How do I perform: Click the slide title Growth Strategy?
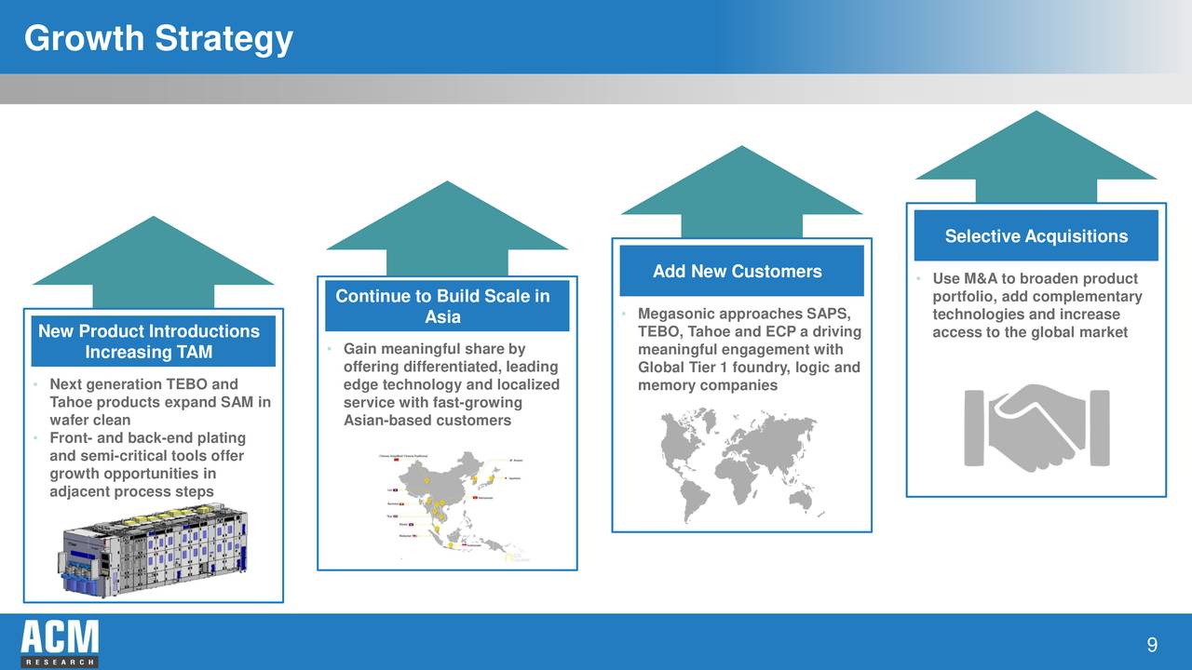coord(158,39)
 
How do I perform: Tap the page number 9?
coord(1152,646)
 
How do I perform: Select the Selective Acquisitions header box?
coord(1036,236)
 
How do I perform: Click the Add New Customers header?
coord(737,272)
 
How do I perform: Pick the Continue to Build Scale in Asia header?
coord(442,306)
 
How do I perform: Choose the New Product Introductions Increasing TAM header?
coord(149,342)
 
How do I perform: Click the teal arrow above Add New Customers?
coord(741,191)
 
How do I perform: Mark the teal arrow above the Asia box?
coord(447,226)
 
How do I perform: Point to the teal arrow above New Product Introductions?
coord(154,261)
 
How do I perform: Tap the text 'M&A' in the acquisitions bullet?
coord(979,279)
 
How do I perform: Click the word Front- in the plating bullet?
coord(71,438)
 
